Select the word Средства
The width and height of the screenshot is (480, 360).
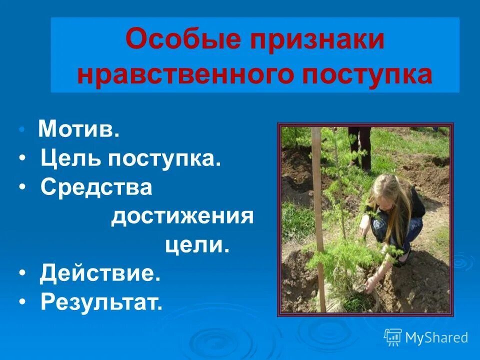(x=96, y=187)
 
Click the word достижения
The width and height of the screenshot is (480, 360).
(x=182, y=217)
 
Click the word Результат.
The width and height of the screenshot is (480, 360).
(x=101, y=302)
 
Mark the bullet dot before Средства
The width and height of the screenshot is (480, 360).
(x=23, y=188)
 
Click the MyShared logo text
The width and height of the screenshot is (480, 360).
(x=436, y=338)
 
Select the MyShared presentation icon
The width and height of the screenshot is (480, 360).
(x=393, y=337)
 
